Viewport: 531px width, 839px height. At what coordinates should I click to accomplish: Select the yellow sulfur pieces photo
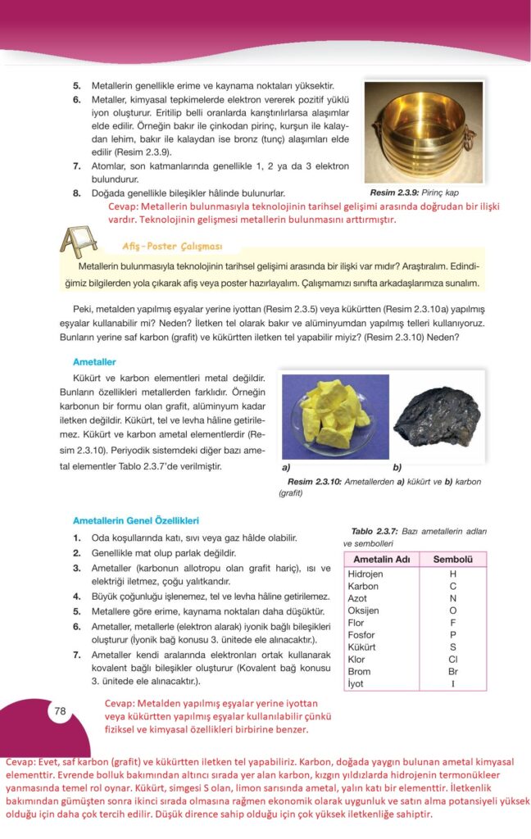[x=330, y=415]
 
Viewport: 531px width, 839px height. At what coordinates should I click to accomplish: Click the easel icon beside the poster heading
[x=80, y=243]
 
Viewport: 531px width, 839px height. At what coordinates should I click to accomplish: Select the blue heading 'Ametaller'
[x=94, y=361]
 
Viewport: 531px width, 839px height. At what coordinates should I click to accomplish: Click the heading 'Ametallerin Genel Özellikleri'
[x=136, y=520]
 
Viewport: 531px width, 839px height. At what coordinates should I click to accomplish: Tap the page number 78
[x=60, y=710]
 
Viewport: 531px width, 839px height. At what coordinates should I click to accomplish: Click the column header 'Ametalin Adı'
[x=381, y=560]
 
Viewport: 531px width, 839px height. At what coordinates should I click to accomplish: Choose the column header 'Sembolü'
[x=452, y=560]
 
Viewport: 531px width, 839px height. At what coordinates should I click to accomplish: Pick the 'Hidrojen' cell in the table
[x=365, y=574]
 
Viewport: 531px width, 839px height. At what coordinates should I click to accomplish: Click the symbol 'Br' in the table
[x=452, y=671]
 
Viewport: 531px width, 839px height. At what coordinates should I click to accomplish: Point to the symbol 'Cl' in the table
[x=452, y=659]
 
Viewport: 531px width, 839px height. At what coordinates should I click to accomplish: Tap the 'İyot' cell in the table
[x=357, y=683]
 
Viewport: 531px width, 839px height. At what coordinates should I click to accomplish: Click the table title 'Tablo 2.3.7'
[x=376, y=531]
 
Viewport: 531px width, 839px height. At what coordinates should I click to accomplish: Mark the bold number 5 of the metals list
[x=76, y=85]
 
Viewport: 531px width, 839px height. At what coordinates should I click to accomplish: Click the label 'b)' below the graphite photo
[x=397, y=469]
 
